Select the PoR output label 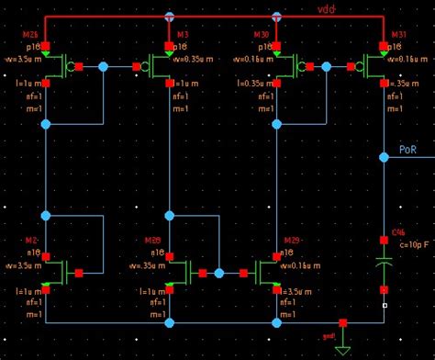coord(409,149)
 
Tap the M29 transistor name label coord(293,241)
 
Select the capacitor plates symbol coord(385,263)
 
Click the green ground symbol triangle coord(343,349)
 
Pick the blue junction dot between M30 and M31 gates coord(329,67)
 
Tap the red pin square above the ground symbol coord(343,323)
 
